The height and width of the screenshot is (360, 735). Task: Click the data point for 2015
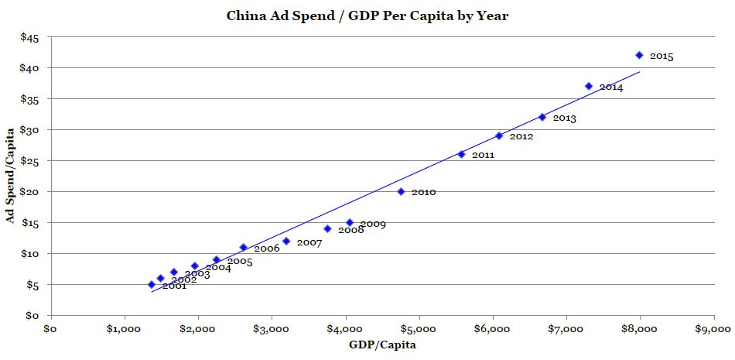[x=639, y=55]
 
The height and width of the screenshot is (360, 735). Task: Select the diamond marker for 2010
[x=401, y=191]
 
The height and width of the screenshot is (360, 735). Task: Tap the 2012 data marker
[x=499, y=135]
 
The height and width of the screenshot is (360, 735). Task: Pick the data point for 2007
[x=286, y=241]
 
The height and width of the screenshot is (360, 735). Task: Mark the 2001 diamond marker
[x=152, y=284]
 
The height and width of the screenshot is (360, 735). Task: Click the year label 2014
[x=610, y=87]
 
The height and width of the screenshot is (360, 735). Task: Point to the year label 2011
[x=483, y=156]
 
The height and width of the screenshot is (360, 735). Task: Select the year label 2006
[x=266, y=249]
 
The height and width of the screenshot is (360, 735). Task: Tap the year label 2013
[x=564, y=118]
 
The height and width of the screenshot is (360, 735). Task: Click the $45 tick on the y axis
[x=28, y=37]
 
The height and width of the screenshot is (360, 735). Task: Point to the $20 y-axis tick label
[x=28, y=192]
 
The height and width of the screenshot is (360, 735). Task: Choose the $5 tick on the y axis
[x=31, y=285]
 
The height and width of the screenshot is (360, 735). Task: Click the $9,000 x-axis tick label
[x=713, y=329]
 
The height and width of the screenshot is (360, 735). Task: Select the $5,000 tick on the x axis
[x=419, y=329]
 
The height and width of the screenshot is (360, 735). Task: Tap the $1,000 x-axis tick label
[x=125, y=329]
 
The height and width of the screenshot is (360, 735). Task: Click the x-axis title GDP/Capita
[x=384, y=345]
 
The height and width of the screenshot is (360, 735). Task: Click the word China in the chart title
[x=245, y=15]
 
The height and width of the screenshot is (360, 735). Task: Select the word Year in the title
[x=492, y=15]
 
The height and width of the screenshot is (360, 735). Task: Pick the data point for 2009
[x=350, y=222]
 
